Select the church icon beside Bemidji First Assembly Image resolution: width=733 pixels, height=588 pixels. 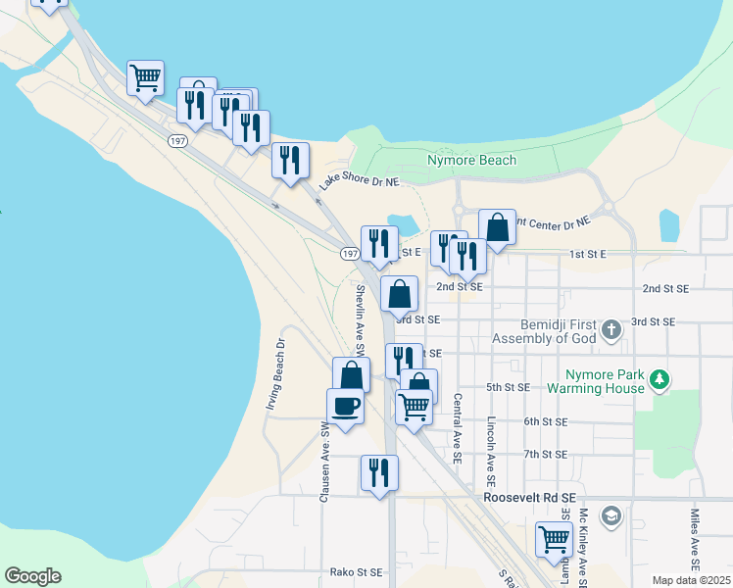611,329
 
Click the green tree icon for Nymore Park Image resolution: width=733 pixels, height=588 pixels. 660,378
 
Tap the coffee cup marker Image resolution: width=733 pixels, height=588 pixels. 346,406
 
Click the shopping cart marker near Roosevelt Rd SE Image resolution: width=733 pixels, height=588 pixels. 554,539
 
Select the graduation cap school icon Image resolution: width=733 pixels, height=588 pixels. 611,515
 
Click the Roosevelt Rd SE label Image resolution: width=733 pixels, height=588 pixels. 529,498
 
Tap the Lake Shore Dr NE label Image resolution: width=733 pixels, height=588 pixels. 360,181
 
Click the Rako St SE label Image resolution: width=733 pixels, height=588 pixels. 356,571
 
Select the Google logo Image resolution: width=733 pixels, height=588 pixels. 32,576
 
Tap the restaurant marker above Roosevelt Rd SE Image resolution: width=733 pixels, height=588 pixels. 378,472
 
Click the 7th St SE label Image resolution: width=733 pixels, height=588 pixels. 545,454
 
